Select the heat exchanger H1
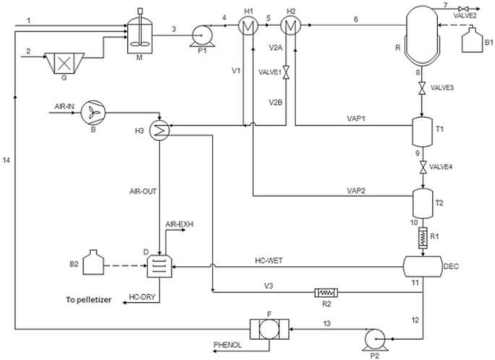(x=248, y=27)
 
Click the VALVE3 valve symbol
(x=420, y=90)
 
